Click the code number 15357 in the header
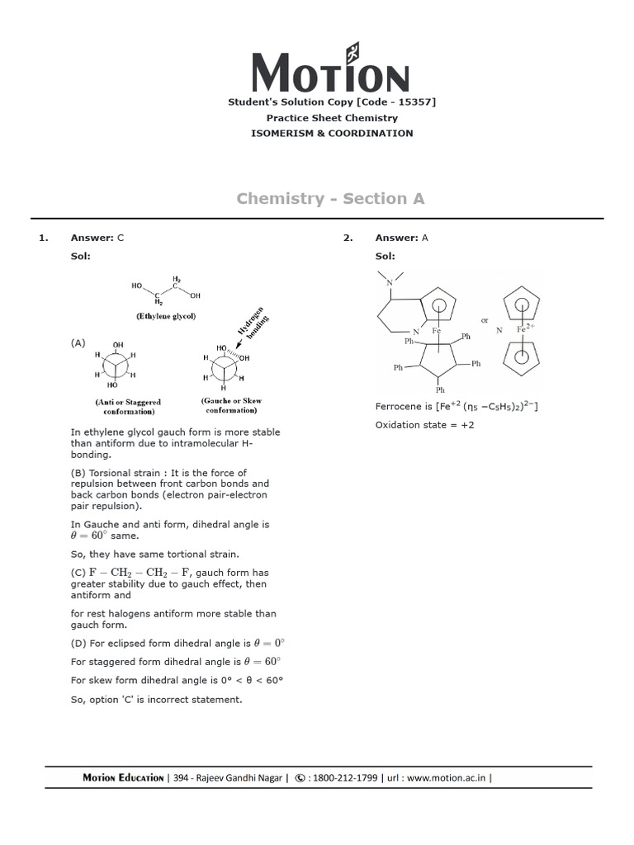point(416,102)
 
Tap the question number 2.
point(348,238)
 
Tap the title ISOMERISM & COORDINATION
point(333,133)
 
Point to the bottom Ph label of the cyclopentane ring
point(440,389)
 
